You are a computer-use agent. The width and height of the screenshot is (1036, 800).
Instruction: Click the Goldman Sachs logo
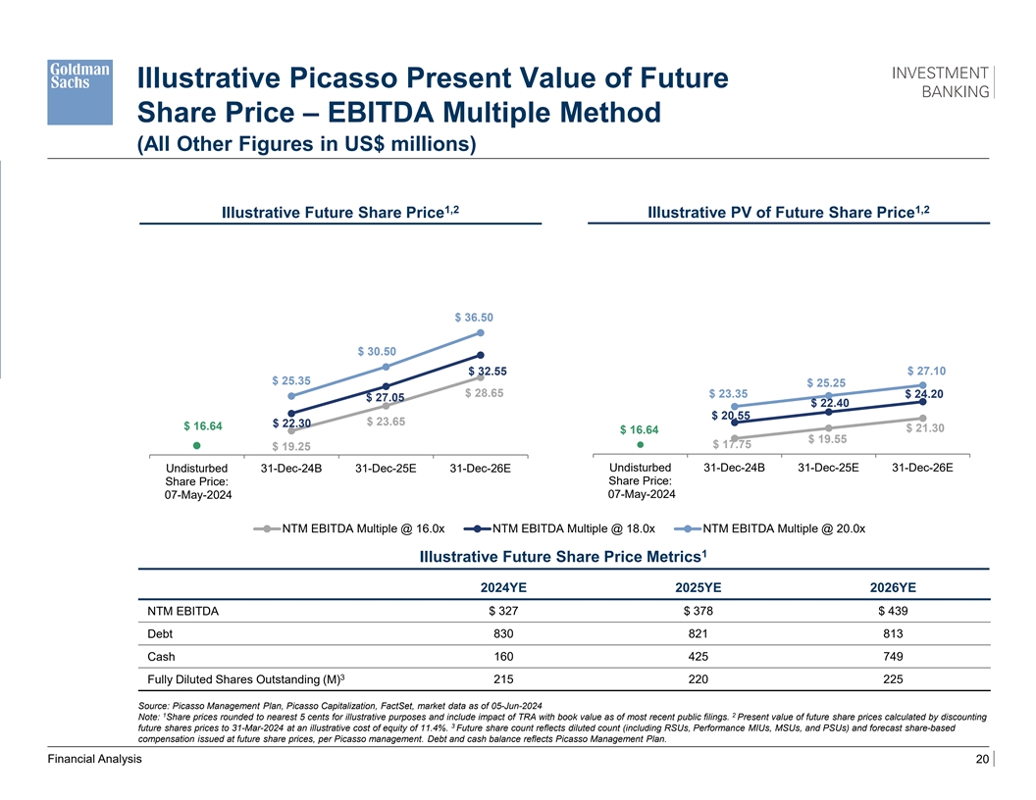[x=81, y=90]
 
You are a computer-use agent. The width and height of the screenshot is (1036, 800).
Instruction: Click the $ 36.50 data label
[x=474, y=317]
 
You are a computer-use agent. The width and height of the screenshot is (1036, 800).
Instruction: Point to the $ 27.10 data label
[x=927, y=371]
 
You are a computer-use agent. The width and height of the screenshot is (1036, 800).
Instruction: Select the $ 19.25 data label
[x=291, y=447]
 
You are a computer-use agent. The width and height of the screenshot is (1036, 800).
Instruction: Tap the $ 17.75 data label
[x=732, y=446]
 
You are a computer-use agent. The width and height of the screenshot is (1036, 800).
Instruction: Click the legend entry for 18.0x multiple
[x=558, y=529]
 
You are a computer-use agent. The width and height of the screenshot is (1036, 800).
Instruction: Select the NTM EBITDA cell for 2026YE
[x=892, y=612]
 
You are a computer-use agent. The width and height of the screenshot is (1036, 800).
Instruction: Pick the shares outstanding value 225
[x=892, y=679]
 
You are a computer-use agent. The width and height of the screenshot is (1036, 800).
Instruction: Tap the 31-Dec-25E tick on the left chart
[x=386, y=468]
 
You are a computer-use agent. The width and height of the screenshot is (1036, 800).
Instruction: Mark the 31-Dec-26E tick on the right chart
[x=922, y=467]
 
